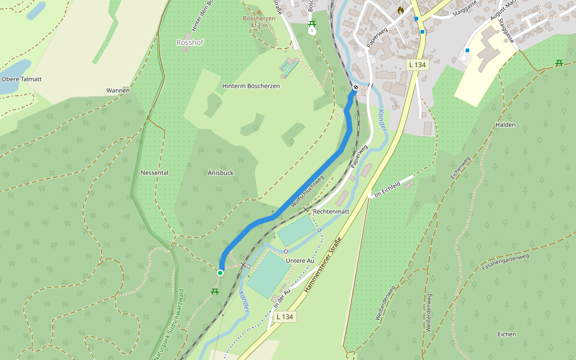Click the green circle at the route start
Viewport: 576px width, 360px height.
[x=220, y=273]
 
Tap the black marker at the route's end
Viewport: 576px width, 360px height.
[x=355, y=88]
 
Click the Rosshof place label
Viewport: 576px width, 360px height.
[x=190, y=43]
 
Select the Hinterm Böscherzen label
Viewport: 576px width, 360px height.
[x=251, y=86]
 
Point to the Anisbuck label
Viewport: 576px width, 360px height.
[x=220, y=173]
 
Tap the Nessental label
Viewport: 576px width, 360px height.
[x=154, y=173]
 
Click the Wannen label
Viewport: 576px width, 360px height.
[x=118, y=91]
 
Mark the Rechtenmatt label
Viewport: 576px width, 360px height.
[x=331, y=212]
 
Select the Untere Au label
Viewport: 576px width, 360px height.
[x=300, y=260]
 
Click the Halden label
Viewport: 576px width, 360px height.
[x=505, y=125]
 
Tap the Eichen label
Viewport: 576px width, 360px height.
[x=506, y=334]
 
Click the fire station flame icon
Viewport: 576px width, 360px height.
[x=401, y=10]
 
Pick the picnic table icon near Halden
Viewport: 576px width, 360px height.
[x=559, y=62]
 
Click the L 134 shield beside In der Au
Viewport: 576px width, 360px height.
[x=286, y=316]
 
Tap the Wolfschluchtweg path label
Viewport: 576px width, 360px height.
[x=307, y=191]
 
